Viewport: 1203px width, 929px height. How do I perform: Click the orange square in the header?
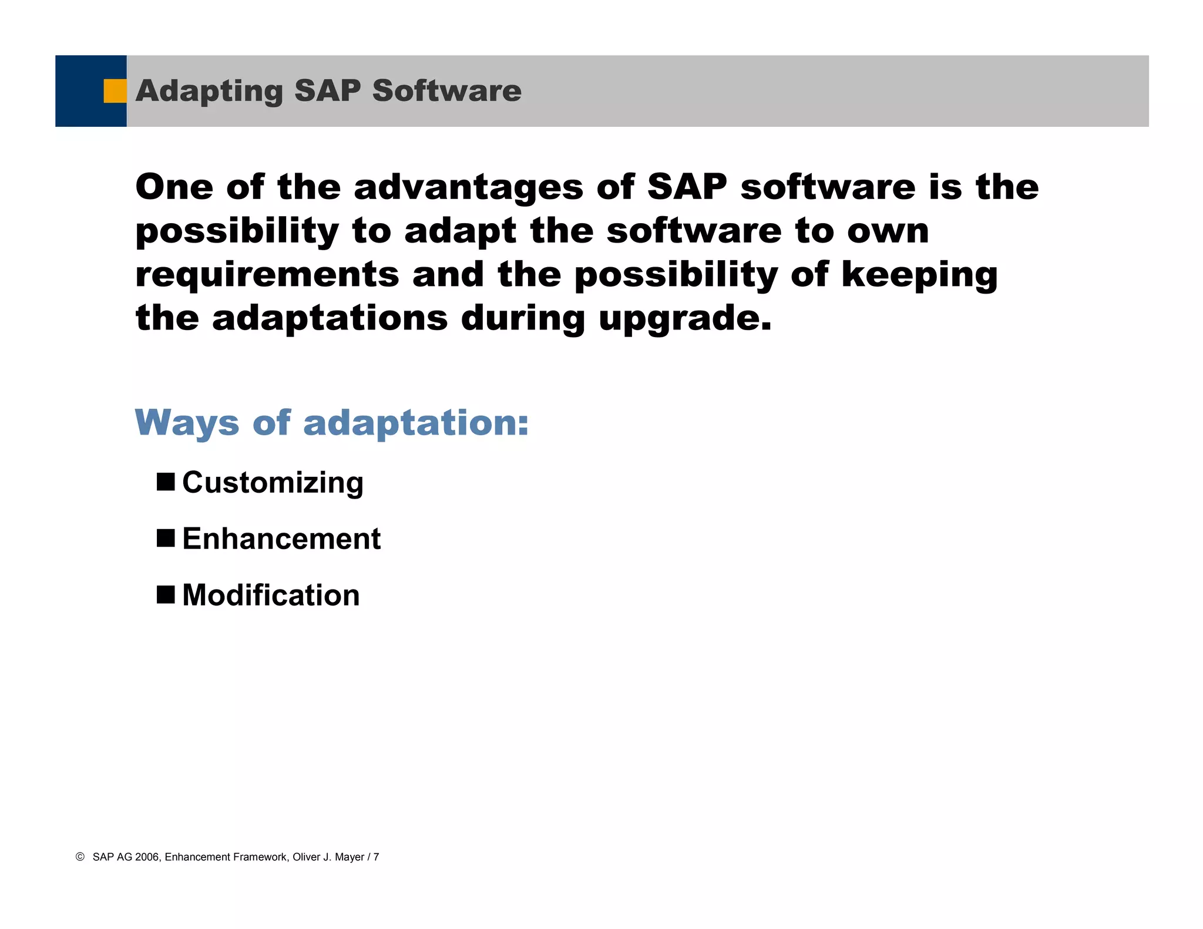[x=115, y=91]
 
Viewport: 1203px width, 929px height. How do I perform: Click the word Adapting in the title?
[x=209, y=92]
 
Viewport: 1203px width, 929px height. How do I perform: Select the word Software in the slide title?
[x=446, y=90]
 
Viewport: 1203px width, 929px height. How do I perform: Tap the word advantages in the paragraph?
[x=468, y=187]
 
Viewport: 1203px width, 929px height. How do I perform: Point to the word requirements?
[x=267, y=275]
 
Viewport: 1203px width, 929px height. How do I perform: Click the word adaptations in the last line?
[x=330, y=318]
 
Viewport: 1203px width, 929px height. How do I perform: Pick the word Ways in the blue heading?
[x=187, y=423]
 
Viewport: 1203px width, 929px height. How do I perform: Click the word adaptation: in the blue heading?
[x=416, y=424]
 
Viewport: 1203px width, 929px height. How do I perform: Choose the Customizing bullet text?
[x=273, y=483]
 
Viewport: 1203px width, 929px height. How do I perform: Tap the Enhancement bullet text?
[x=281, y=538]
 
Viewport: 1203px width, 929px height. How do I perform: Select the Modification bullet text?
[x=271, y=595]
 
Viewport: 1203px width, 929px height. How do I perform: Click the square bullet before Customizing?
[x=166, y=482]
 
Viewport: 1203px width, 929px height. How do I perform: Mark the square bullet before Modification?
[x=166, y=594]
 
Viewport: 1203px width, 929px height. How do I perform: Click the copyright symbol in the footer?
[x=80, y=857]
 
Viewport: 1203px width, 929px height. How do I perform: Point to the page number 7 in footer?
[x=376, y=857]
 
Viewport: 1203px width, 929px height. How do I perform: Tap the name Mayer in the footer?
[x=350, y=857]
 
